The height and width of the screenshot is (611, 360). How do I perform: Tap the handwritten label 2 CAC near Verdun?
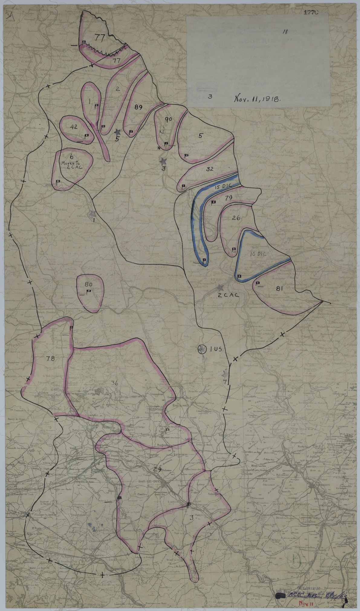(229, 295)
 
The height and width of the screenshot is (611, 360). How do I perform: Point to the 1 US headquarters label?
(216, 349)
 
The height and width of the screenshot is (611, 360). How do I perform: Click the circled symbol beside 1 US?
(202, 349)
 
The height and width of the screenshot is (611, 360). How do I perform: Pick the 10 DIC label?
(258, 254)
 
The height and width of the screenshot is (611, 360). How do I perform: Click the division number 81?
(279, 289)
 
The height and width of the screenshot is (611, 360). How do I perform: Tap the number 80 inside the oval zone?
(88, 284)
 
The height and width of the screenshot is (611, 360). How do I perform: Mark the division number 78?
(50, 359)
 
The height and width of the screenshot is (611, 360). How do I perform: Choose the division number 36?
(114, 383)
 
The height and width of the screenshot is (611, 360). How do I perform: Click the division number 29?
(157, 469)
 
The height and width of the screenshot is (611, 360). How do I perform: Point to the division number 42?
(74, 127)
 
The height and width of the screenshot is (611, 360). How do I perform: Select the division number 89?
(139, 107)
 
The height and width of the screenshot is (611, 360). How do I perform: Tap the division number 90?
(168, 119)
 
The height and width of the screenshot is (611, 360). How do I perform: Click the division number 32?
(210, 169)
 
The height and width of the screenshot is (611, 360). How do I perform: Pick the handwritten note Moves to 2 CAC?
(72, 161)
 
